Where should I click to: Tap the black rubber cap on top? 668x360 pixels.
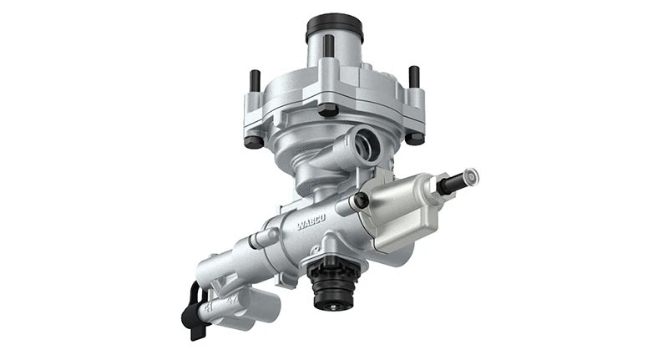click(334, 28)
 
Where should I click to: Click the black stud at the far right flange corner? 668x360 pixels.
click(414, 78)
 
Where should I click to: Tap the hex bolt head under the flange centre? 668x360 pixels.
click(328, 109)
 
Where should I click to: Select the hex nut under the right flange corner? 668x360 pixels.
click(414, 137)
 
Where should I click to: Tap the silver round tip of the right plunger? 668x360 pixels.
click(470, 177)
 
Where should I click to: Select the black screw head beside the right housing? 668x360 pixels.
click(360, 201)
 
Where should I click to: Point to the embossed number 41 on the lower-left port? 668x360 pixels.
click(210, 306)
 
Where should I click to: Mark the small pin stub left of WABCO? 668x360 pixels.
click(265, 239)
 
